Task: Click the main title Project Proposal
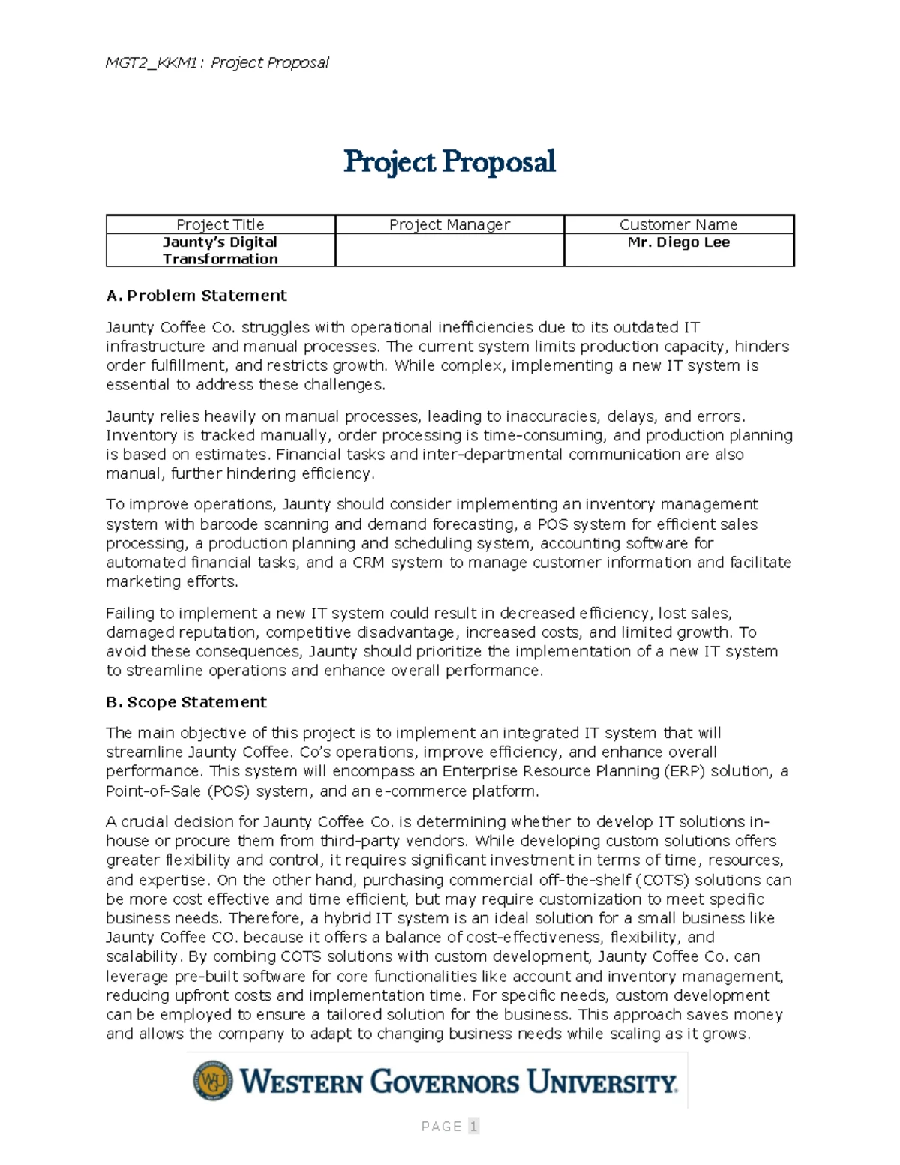449,162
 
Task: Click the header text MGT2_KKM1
151,62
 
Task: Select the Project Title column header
220,224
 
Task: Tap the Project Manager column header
449,224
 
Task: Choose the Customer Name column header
678,224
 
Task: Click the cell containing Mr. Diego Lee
678,242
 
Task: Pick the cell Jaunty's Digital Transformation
220,251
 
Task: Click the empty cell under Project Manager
449,251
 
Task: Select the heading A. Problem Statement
196,296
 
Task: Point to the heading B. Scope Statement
186,702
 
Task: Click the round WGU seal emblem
212,1081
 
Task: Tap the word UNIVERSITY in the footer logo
601,1082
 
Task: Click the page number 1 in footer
473,1126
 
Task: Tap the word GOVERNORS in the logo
444,1082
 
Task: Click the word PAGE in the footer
441,1126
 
